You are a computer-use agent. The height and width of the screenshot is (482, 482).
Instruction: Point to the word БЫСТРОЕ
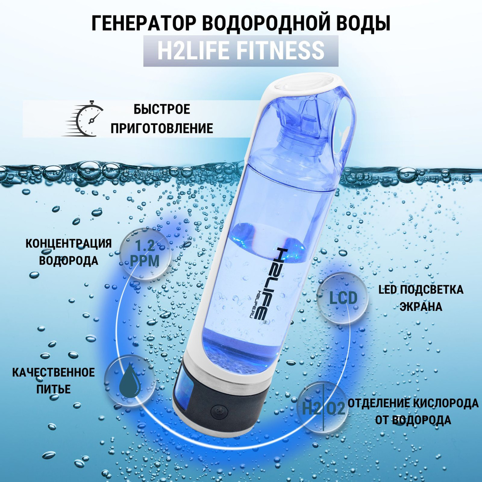[162, 109]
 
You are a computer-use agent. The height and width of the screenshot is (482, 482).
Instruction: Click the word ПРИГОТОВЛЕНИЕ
[162, 128]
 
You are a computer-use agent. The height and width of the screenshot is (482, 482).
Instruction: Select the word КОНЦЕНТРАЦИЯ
[68, 242]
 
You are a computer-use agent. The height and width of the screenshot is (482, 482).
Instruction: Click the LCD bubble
[343, 298]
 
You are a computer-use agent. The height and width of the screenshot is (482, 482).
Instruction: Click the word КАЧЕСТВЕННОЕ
[54, 372]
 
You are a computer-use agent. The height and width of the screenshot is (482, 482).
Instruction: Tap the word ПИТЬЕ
[54, 389]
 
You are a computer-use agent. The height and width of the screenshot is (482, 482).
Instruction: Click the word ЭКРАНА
[421, 306]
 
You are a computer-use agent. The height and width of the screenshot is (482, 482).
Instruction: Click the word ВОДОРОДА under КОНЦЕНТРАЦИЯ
[68, 261]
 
